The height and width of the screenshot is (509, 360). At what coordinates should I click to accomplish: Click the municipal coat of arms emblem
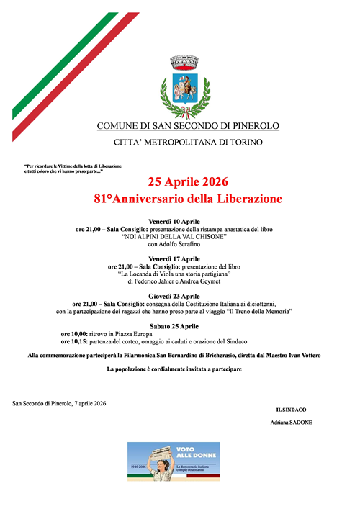point(188,87)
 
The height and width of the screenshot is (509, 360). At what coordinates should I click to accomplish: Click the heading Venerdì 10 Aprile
point(174,221)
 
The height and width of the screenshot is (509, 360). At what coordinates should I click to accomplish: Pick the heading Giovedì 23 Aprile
point(174,296)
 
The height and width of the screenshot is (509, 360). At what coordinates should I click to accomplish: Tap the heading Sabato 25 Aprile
point(174,326)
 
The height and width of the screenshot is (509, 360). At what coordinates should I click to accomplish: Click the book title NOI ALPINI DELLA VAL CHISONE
point(174,237)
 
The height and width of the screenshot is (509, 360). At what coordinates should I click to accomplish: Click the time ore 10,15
point(74,342)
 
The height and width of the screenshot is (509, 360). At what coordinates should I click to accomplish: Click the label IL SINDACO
point(291,410)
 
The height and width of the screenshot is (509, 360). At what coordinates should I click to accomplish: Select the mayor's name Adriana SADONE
point(291,423)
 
